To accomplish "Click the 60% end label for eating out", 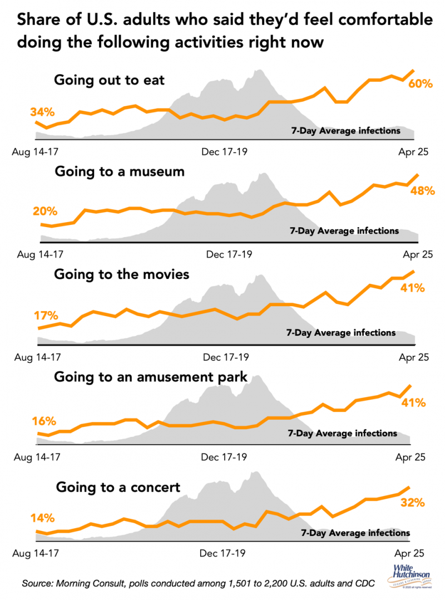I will point(420,84).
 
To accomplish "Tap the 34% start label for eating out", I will point(42,112).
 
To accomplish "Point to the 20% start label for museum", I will point(45,212).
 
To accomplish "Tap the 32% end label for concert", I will point(413,503).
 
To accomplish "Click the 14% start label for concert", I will point(42,518).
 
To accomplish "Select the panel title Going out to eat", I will point(109,80).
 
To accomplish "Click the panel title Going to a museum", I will point(119,172).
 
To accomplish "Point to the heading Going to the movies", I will point(121,274).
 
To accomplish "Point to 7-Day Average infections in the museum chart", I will point(344,230).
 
